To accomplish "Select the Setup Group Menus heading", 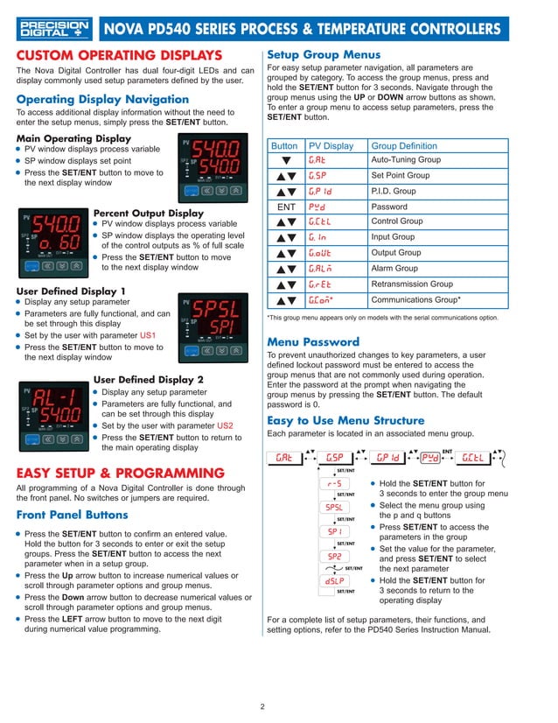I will tap(323, 53).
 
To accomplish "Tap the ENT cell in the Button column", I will tap(284, 207).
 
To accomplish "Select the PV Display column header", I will tap(331, 145).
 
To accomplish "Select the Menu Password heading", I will tap(313, 341).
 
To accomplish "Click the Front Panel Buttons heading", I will tap(73, 515).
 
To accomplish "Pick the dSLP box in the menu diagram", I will tap(335, 580).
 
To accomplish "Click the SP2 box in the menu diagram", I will tap(335, 556).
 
